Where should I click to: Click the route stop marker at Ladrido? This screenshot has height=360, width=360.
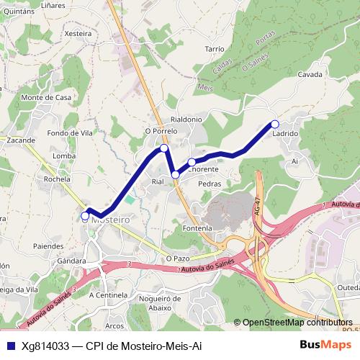pyautogui.click(x=274, y=124)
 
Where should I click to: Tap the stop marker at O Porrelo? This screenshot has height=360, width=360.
pyautogui.click(x=164, y=148)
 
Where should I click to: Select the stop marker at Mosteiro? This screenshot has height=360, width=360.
pyautogui.click(x=85, y=215)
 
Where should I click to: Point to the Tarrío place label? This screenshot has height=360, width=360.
pyautogui.click(x=215, y=48)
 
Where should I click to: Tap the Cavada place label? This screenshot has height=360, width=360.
pyautogui.click(x=310, y=74)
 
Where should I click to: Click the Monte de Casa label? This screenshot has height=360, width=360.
pyautogui.click(x=46, y=97)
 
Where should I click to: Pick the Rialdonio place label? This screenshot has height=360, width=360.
pyautogui.click(x=186, y=119)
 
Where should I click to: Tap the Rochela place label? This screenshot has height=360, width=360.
pyautogui.click(x=57, y=179)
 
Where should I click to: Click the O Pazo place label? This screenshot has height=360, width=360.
pyautogui.click(x=177, y=257)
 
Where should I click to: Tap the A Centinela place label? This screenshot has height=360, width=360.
pyautogui.click(x=107, y=294)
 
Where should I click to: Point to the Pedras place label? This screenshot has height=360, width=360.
pyautogui.click(x=209, y=184)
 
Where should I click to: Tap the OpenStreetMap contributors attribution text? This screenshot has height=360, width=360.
pyautogui.click(x=297, y=323)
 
